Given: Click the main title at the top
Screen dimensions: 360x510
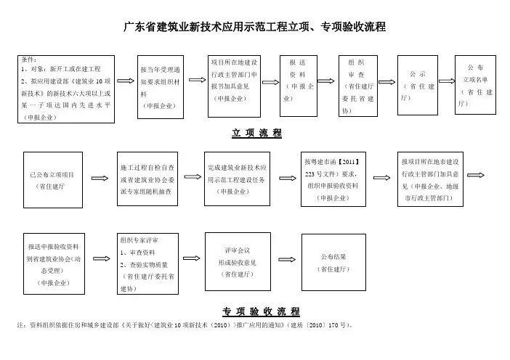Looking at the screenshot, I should click(254, 28).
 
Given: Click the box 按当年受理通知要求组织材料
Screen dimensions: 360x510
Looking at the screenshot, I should click(163, 86).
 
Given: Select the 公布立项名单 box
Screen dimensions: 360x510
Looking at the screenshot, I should click(477, 85).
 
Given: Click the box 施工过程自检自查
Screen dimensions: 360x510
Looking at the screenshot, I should click(149, 179).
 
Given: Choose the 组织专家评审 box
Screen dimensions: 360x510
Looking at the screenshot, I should click(150, 263).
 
